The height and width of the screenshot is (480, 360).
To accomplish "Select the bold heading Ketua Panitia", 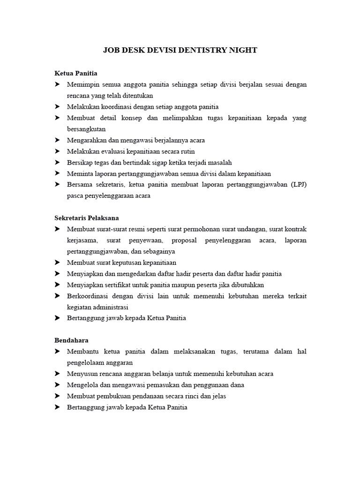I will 76,74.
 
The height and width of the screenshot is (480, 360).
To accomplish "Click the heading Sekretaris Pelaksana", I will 87,218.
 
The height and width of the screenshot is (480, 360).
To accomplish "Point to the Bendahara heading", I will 72,340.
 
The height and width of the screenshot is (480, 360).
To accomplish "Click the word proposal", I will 186,240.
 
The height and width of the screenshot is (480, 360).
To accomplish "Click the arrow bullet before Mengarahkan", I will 57,140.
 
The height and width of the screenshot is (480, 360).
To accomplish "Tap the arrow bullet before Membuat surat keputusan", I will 57,262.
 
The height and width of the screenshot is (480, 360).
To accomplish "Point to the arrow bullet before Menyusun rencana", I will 57,374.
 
